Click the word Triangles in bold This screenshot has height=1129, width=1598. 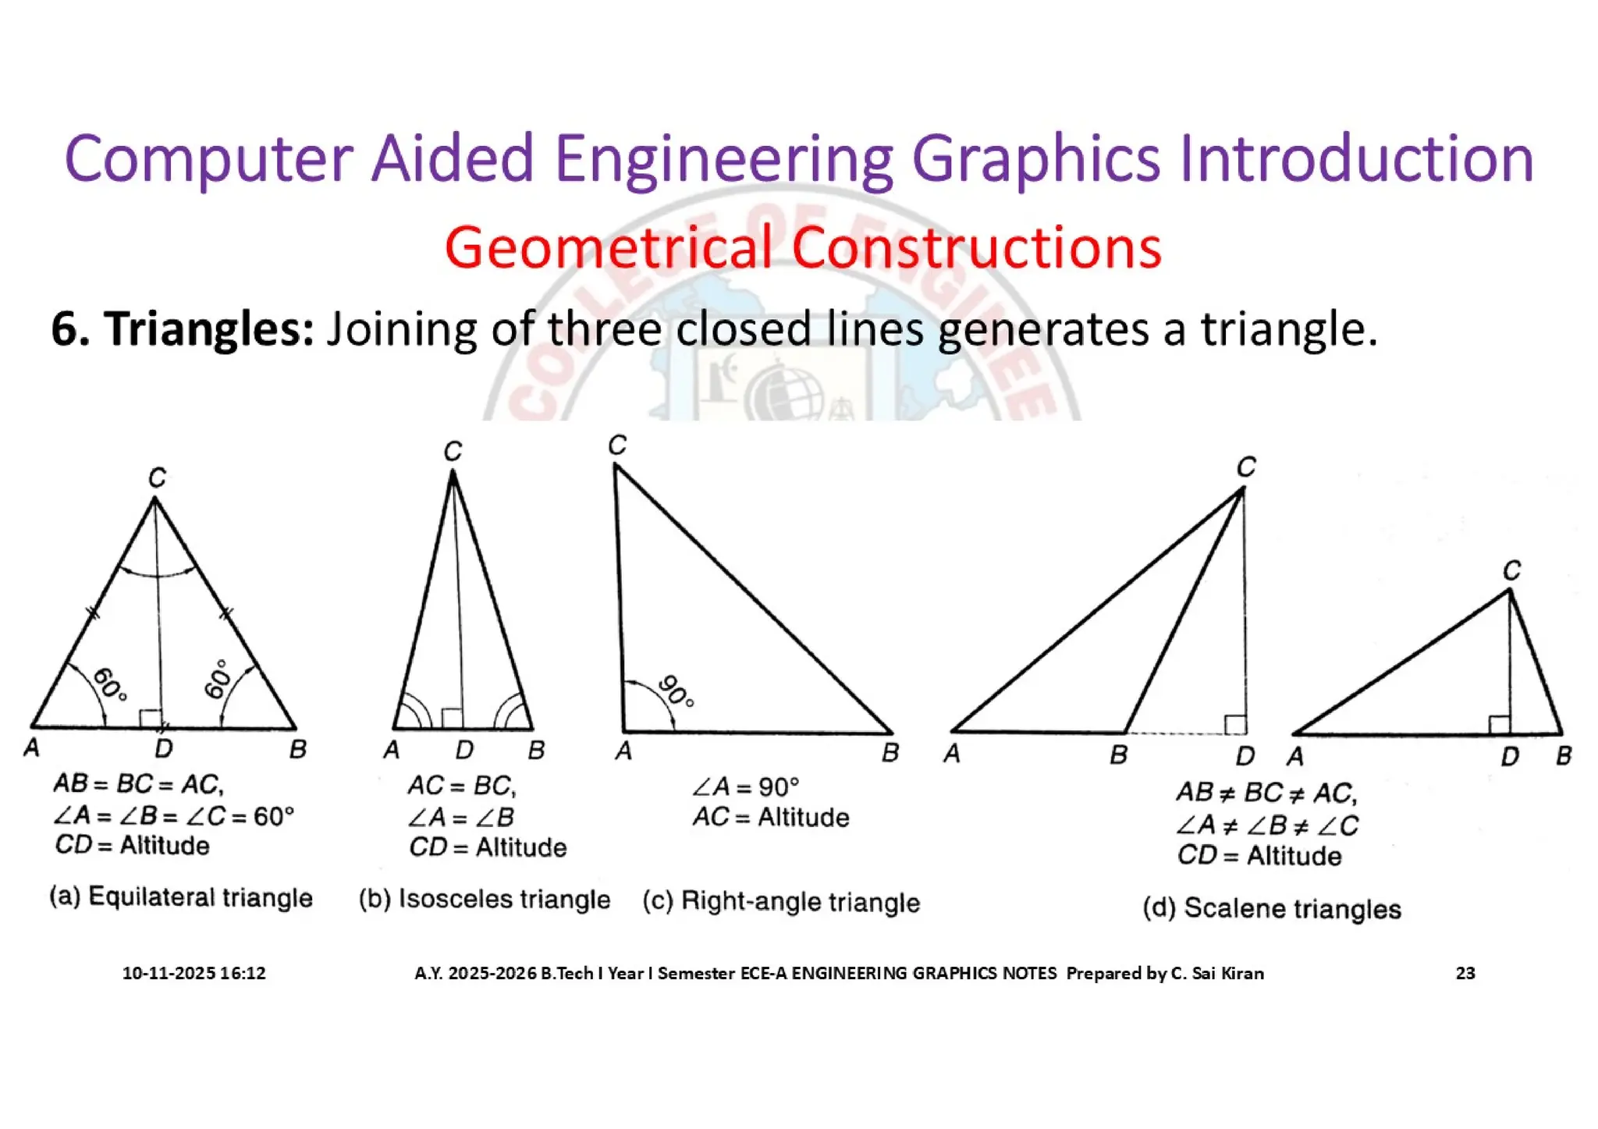pyautogui.click(x=209, y=329)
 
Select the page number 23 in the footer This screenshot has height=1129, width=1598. pyautogui.click(x=1465, y=973)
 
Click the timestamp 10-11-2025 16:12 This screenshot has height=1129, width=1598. pyautogui.click(x=194, y=973)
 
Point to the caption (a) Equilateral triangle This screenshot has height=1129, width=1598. pyautogui.click(x=181, y=897)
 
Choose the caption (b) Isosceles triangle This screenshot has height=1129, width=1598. pyautogui.click(x=485, y=899)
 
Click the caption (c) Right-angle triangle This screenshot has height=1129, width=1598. pyautogui.click(x=781, y=902)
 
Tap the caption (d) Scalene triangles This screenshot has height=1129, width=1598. pyautogui.click(x=1272, y=908)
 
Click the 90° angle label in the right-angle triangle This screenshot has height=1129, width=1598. pyautogui.click(x=676, y=691)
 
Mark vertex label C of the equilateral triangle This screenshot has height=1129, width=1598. pyautogui.click(x=157, y=478)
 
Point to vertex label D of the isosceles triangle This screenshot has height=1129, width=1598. pyautogui.click(x=464, y=751)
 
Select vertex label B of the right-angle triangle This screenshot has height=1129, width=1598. pyautogui.click(x=890, y=753)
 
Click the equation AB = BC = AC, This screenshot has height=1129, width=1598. pyautogui.click(x=138, y=783)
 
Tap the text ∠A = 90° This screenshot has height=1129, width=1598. pyautogui.click(x=746, y=786)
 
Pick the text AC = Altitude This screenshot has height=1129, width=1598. pyautogui.click(x=771, y=817)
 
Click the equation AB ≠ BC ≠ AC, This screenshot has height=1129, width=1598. pyautogui.click(x=1267, y=793)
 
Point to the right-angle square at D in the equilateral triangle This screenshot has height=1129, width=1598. pyautogui.click(x=150, y=719)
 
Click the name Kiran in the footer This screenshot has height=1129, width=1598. pyautogui.click(x=1241, y=973)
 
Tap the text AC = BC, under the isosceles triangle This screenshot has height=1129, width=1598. pyautogui.click(x=461, y=785)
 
